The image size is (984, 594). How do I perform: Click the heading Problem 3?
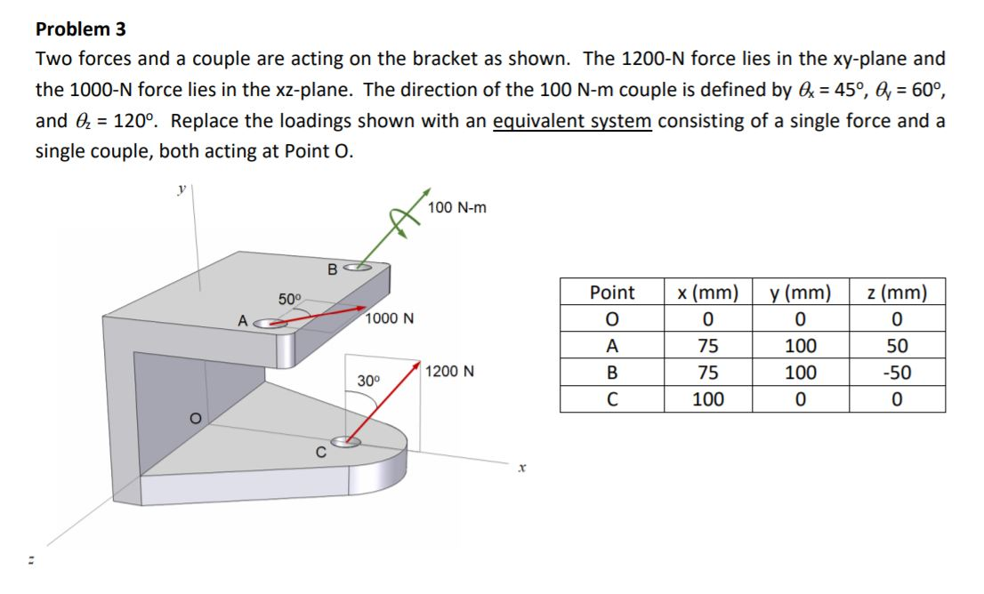coord(80,28)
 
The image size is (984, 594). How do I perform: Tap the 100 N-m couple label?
coord(456,207)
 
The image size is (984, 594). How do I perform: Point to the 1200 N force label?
coord(450,371)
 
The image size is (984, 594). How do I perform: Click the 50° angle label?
coord(290,298)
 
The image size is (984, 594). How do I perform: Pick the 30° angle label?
coord(368,381)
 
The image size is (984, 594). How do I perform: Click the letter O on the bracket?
coord(189,417)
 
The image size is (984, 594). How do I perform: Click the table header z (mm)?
coord(897,293)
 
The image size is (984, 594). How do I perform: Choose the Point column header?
coord(612,293)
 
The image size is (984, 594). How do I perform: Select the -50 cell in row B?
coord(897,373)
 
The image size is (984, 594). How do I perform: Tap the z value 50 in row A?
coord(897,346)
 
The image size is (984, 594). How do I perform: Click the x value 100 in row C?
coord(708,399)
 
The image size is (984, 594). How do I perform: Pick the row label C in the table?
coord(612,399)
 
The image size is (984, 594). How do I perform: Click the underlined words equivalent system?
coord(572,121)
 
